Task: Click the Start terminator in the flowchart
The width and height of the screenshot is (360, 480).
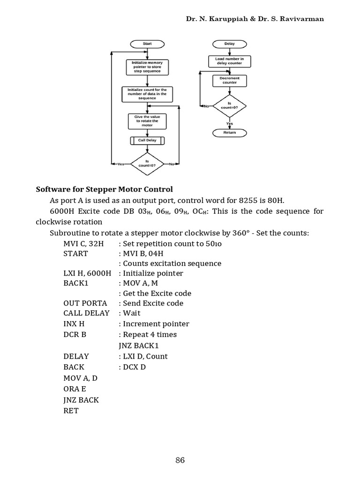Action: coord(147,44)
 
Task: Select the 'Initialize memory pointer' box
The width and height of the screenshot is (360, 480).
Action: coord(147,67)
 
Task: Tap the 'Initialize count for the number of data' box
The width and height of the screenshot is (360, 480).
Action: coord(147,94)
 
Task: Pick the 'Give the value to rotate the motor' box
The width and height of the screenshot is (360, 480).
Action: coord(147,121)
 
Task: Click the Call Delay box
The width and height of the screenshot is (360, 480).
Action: coord(147,140)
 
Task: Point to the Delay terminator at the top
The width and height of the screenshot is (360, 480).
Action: coord(229,44)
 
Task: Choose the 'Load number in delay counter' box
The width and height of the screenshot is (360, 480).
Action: coord(229,61)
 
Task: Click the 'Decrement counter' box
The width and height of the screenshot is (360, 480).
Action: coord(229,81)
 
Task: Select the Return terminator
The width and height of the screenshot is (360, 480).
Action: coord(229,133)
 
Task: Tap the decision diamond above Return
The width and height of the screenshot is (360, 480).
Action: coord(229,106)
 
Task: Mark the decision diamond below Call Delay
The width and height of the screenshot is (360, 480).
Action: coord(147,164)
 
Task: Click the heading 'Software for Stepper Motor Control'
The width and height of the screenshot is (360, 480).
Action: coord(105,189)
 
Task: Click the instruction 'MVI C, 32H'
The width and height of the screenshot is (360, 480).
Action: coord(84,244)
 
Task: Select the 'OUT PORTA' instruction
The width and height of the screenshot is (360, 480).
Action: coord(85,303)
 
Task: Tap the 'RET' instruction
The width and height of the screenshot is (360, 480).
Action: coord(71,411)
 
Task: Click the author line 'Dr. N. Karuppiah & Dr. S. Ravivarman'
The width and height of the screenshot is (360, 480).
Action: coord(255,19)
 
